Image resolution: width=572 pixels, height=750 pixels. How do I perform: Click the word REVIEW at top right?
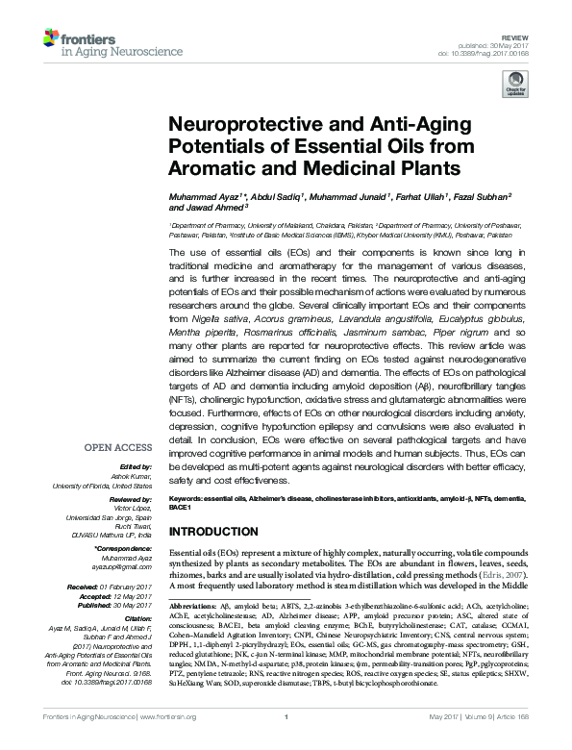tap(528, 21)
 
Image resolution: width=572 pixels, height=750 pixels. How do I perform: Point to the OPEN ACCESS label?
tap(116, 447)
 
